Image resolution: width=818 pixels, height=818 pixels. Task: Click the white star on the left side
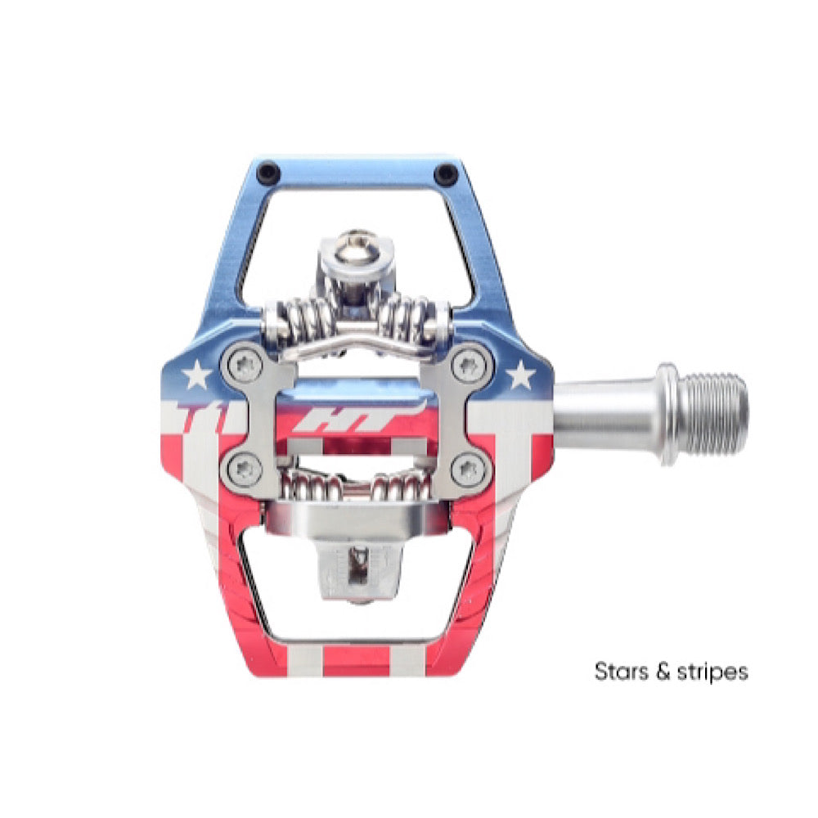[x=196, y=375]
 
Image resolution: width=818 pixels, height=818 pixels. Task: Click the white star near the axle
[x=520, y=375]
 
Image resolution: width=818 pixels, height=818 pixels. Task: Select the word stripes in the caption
[x=712, y=672]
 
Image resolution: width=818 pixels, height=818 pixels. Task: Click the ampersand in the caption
[x=663, y=671]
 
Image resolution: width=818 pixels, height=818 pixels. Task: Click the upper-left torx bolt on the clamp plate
[x=244, y=365]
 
